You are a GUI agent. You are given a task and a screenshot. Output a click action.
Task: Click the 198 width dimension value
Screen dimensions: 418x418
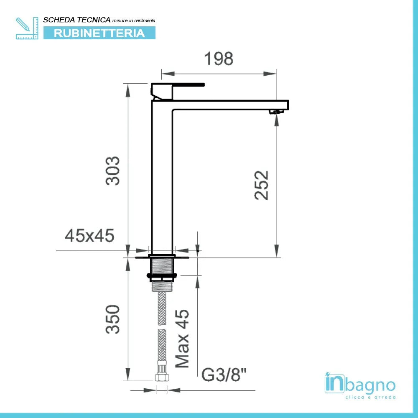(219, 59)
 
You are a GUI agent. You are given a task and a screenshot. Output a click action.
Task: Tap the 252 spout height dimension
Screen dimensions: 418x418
(262, 185)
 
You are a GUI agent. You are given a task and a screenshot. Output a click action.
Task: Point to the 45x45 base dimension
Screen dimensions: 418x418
(89, 236)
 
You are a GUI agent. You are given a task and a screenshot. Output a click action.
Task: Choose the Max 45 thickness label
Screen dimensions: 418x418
(182, 339)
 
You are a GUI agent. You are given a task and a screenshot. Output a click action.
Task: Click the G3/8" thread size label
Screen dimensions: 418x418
(224, 375)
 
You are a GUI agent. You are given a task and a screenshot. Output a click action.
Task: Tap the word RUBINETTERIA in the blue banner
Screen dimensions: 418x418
(99, 33)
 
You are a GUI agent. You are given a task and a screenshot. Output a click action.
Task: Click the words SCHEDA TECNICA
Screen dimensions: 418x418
(76, 20)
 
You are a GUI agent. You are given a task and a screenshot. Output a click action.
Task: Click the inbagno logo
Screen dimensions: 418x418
(360, 384)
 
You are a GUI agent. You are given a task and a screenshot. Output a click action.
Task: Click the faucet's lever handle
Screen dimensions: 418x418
(188, 84)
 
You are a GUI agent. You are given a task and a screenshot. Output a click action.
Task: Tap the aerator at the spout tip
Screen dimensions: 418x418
(275, 111)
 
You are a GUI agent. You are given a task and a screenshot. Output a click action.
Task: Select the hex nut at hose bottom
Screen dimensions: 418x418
(162, 377)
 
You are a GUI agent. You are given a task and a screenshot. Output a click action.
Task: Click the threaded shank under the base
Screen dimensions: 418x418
(162, 265)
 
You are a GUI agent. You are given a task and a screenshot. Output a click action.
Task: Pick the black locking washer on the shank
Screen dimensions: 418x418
(162, 275)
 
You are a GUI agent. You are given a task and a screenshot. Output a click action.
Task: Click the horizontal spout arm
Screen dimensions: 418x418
(230, 104)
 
